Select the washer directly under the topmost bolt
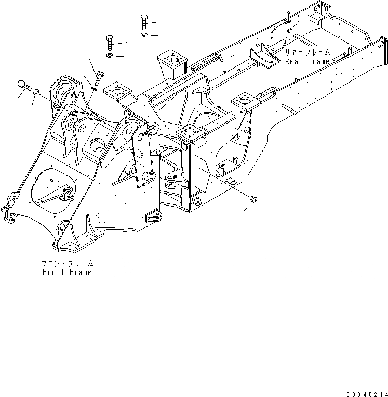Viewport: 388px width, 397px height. click(x=143, y=35)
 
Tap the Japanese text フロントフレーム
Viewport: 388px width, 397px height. click(x=66, y=264)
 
